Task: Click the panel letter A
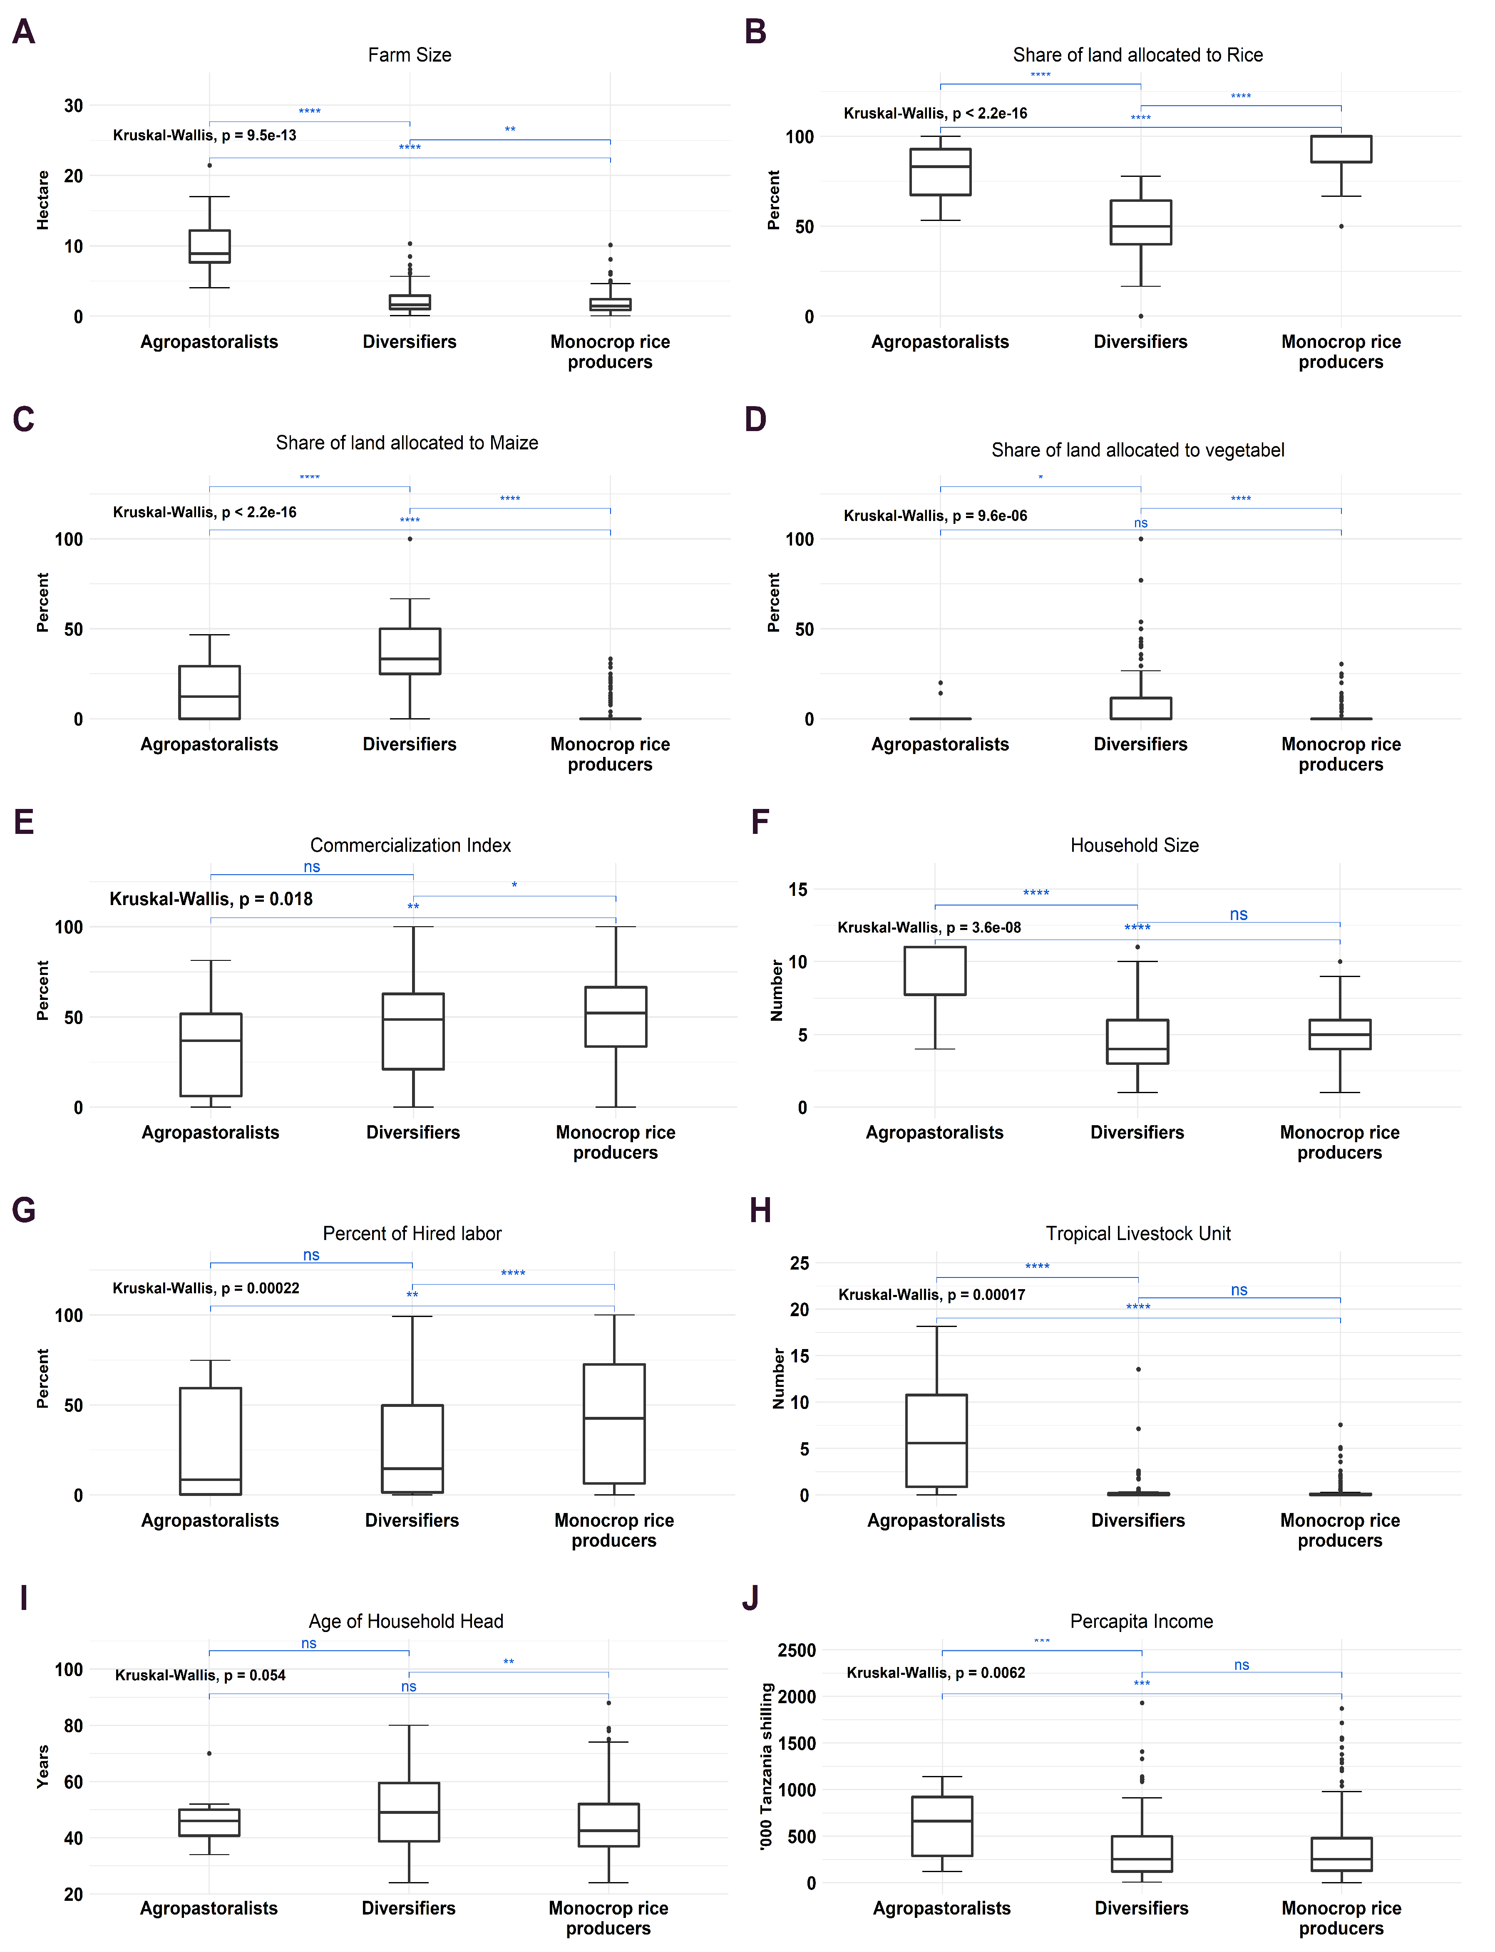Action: click(24, 32)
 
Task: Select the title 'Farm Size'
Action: click(410, 55)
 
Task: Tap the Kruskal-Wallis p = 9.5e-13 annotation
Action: click(205, 135)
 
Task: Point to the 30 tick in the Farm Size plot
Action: click(73, 106)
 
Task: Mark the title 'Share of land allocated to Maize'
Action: click(407, 443)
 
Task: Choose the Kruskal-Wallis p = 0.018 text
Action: click(211, 898)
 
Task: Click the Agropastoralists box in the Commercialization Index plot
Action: click(211, 1054)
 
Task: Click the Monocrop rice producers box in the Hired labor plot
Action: click(614, 1424)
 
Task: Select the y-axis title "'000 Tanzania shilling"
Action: click(766, 1766)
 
